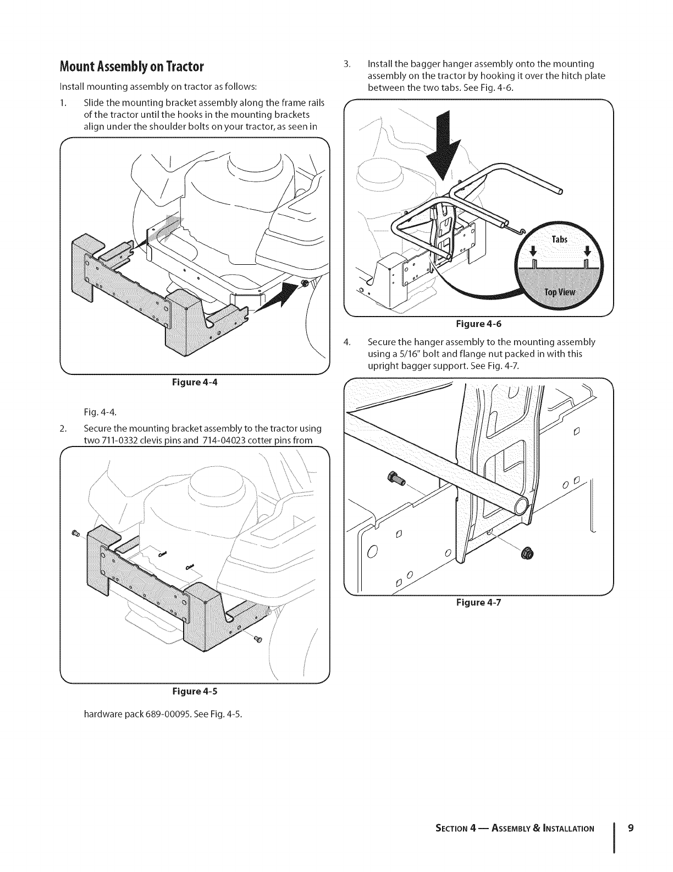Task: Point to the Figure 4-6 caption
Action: point(477,325)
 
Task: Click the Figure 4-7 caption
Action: point(477,602)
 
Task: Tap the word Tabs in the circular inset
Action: point(560,239)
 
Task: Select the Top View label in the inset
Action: point(559,292)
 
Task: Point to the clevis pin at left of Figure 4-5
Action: point(76,533)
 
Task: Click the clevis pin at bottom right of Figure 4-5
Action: point(259,639)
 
